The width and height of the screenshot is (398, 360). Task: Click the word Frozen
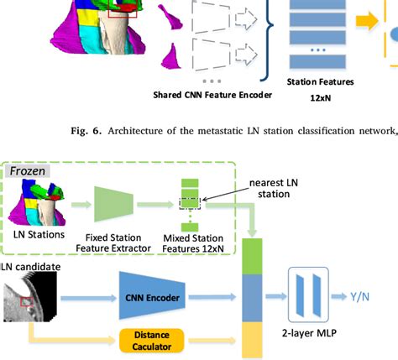click(27, 171)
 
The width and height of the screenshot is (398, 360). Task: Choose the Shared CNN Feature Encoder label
click(212, 94)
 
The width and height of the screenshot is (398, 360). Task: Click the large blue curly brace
click(269, 25)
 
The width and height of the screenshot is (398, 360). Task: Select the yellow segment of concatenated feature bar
click(253, 340)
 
